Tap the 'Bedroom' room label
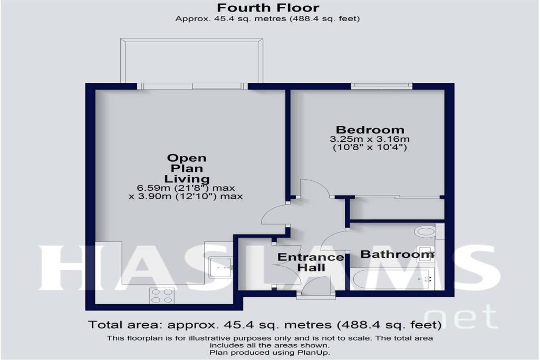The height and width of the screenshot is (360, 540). tap(370, 130)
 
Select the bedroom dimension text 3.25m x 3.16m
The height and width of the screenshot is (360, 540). tap(370, 139)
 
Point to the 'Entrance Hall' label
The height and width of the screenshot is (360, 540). tap(310, 262)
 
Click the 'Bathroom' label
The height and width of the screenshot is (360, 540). tap(397, 255)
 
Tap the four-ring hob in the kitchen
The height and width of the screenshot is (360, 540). tap(162, 296)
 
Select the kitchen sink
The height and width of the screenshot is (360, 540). tap(221, 267)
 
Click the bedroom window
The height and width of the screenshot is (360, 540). tap(381, 84)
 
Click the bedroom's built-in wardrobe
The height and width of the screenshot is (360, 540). tap(397, 209)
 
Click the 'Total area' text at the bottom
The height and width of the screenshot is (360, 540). tap(264, 324)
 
